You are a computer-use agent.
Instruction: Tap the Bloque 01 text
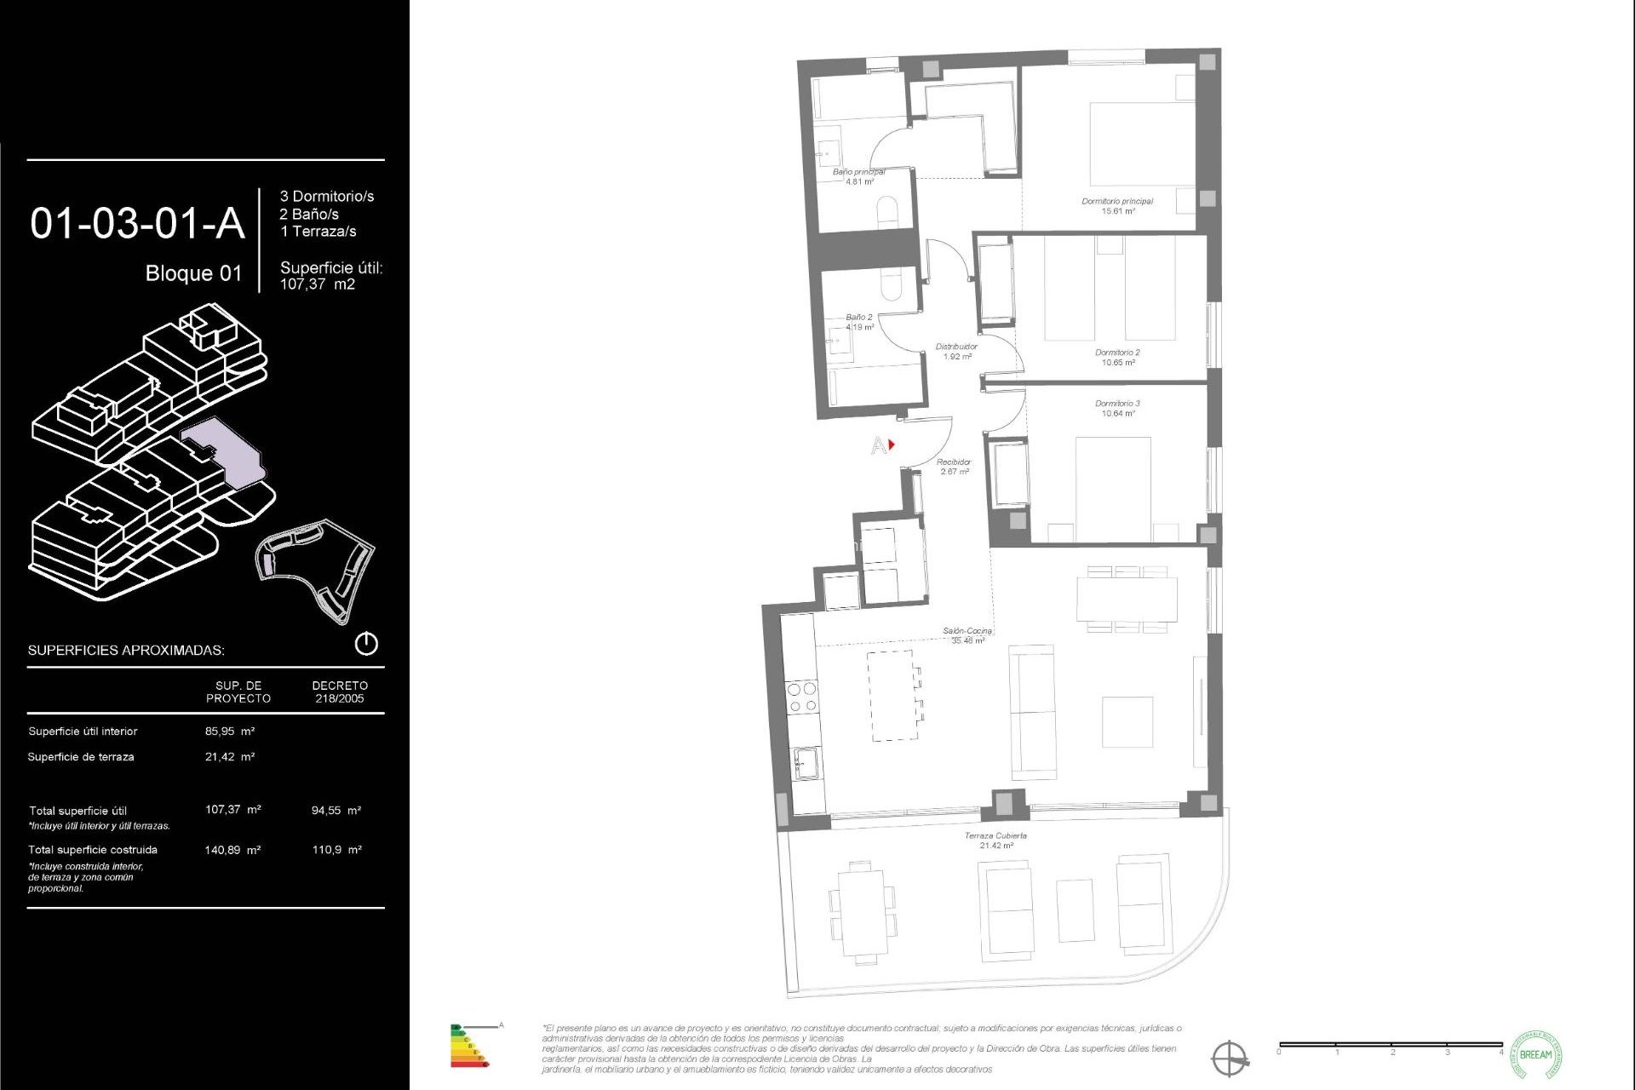193,273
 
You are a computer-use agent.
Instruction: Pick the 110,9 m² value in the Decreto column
336,850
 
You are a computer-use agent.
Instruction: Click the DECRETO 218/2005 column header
340,691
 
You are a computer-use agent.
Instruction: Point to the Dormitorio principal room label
1117,205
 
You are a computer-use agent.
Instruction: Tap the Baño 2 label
859,321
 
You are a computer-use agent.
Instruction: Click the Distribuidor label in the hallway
956,351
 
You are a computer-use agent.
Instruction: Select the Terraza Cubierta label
995,840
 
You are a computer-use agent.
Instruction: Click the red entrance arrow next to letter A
892,445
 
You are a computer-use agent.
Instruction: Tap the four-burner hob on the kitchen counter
801,697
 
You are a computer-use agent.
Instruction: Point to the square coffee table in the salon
1127,722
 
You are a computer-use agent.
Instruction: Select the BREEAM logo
1535,1054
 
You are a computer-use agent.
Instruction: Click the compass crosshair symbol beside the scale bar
1229,1058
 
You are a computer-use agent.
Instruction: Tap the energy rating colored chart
468,1046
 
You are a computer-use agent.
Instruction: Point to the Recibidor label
954,466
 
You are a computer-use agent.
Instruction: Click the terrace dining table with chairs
863,911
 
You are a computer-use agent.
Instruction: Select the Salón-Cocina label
967,635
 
